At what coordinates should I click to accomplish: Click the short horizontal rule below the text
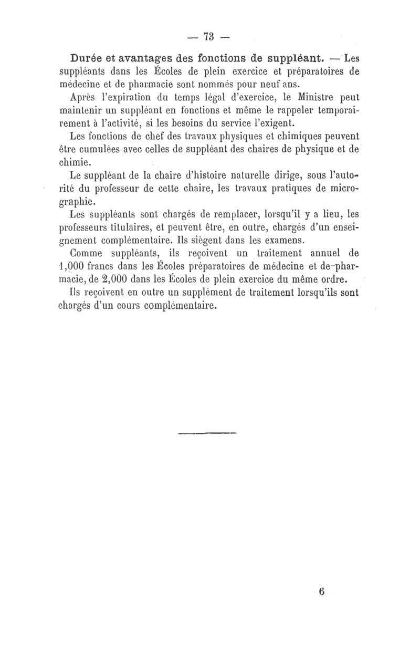pos(208,433)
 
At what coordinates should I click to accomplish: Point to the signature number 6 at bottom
pos(321,591)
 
